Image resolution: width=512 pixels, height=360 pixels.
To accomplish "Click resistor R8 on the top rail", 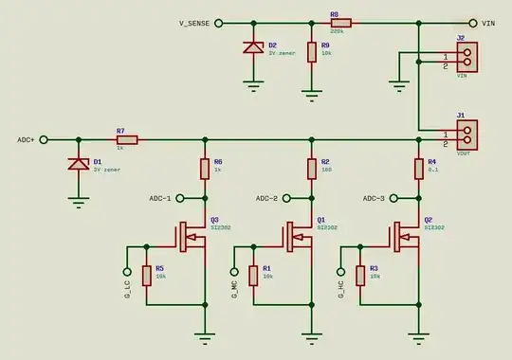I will (x=340, y=23).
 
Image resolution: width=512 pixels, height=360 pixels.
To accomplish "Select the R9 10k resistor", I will (x=311, y=51).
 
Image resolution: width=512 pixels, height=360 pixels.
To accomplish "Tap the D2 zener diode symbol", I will (x=253, y=47).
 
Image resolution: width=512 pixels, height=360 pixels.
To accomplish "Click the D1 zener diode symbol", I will (x=77, y=164).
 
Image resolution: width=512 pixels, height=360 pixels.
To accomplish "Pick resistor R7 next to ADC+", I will (x=126, y=140).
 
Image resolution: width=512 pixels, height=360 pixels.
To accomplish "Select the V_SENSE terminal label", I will (x=193, y=23).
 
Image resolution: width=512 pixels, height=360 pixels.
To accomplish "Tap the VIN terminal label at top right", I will (x=489, y=23).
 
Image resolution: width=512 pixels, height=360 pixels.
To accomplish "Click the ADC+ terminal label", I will (x=26, y=140).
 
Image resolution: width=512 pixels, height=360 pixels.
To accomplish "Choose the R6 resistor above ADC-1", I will (x=204, y=170).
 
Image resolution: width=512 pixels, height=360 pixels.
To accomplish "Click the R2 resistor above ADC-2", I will (x=311, y=170).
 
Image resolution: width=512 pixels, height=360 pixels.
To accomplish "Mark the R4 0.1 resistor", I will (x=418, y=170).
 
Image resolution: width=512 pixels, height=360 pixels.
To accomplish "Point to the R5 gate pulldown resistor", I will (x=147, y=276).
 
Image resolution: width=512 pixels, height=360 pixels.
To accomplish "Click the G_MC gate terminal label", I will (x=234, y=288).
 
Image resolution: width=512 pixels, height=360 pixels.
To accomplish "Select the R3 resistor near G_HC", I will (x=361, y=276).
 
